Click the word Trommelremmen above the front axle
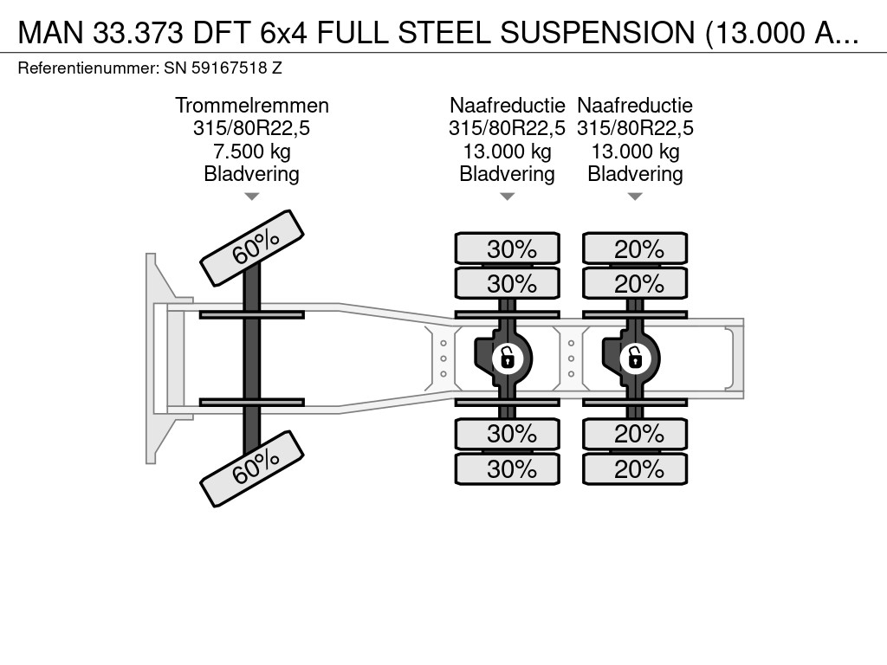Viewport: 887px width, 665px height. point(251,106)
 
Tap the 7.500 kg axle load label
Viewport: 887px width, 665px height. point(251,152)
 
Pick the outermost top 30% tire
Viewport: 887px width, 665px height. point(507,249)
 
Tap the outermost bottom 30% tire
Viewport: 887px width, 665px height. point(507,469)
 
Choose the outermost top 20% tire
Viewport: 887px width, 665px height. point(635,249)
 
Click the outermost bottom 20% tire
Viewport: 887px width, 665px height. point(635,469)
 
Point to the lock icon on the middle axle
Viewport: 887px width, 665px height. point(507,356)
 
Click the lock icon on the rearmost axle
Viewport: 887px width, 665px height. point(635,356)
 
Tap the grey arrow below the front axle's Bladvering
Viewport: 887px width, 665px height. point(251,197)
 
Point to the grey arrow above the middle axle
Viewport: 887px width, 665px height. point(507,197)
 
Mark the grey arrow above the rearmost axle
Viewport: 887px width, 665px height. point(635,197)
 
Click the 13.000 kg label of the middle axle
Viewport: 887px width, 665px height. point(507,152)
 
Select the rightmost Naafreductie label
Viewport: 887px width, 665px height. point(635,106)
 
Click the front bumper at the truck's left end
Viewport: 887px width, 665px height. point(156,357)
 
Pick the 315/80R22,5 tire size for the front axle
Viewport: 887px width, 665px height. point(251,129)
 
